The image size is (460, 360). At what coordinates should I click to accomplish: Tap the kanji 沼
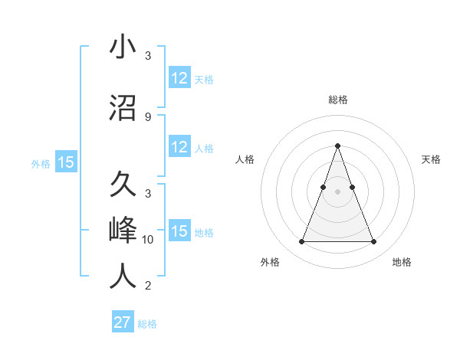123,107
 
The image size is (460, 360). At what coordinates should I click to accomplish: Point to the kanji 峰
123,231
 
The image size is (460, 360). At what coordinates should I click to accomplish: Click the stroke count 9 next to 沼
147,117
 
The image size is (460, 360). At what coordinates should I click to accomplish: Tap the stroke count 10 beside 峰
148,240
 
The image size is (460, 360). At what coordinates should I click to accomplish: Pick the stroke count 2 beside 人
147,286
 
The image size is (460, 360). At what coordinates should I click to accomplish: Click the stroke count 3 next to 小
147,57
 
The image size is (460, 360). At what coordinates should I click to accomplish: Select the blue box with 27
123,322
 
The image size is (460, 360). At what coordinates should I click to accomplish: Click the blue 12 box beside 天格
179,78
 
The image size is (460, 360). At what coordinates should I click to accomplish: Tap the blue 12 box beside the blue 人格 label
179,147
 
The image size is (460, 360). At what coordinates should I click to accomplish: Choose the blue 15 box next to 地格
179,231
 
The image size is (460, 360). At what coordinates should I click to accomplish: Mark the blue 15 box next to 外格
65,162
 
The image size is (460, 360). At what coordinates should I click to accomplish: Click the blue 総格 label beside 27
147,324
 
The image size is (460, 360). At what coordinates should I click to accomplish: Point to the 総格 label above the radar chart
337,100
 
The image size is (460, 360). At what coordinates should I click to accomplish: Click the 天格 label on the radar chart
431,159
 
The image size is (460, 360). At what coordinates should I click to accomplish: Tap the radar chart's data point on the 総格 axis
337,146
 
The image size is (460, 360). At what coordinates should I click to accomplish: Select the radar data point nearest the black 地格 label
373,242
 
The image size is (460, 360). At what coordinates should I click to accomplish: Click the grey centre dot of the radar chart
337,191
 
